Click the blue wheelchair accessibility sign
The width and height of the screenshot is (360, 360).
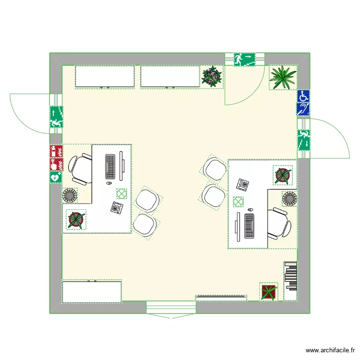coord(303,96)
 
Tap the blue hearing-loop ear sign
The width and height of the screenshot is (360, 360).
coord(303,109)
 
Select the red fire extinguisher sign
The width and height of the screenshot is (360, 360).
coord(56,152)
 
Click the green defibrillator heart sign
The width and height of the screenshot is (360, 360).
coord(56,177)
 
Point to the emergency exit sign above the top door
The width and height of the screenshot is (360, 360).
coord(245,60)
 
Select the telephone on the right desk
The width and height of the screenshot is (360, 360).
coord(243,184)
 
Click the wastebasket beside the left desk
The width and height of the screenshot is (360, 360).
coord(71,196)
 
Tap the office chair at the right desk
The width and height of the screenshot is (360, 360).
coord(278,224)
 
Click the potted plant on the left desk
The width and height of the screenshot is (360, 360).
coord(75,219)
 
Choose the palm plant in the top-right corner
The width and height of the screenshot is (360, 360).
coord(282,77)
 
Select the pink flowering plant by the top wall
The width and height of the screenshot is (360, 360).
coord(212,76)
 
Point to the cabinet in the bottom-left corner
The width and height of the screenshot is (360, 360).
coord(92,292)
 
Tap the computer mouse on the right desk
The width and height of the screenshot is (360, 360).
coord(250,209)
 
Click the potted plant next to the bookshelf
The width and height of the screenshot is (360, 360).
coord(268,292)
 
